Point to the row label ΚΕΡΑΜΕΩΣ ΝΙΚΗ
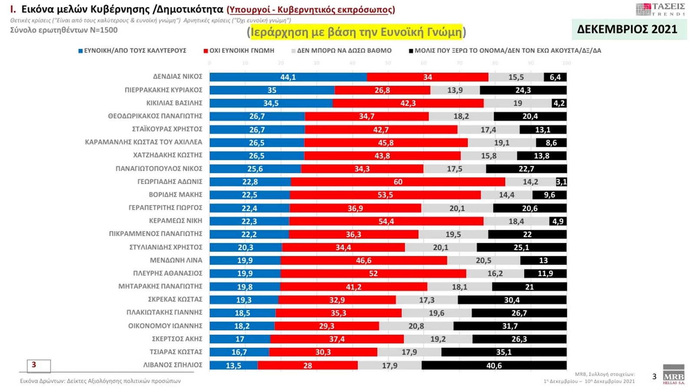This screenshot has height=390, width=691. pyautogui.click(x=175, y=221)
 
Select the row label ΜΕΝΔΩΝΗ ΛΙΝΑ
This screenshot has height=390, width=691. pyautogui.click(x=176, y=260)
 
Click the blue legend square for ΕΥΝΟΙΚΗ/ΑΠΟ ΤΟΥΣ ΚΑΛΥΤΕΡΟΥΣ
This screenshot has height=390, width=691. pyautogui.click(x=80, y=51)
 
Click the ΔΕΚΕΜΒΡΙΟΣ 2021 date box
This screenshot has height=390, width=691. pyautogui.click(x=627, y=29)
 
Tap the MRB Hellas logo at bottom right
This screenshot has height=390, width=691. pyautogui.click(x=673, y=374)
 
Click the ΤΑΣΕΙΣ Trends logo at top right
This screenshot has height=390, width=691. pyautogui.click(x=660, y=9)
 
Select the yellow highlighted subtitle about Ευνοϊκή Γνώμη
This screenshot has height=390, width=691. pyautogui.click(x=356, y=32)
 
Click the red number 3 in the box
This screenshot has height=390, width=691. pyautogui.click(x=34, y=365)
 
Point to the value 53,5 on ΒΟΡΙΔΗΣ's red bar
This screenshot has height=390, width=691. pyautogui.click(x=385, y=195)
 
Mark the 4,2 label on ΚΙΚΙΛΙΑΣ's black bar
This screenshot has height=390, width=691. pyautogui.click(x=559, y=103)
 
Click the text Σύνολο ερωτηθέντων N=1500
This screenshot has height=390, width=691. pyautogui.click(x=64, y=30)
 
